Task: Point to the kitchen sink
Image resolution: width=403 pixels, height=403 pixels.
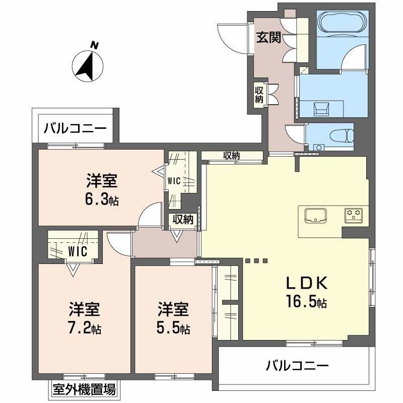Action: coord(315,215)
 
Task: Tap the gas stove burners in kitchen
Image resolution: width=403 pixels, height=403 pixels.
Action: coord(354,215)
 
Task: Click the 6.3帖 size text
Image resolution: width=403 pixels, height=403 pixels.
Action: coord(102,199)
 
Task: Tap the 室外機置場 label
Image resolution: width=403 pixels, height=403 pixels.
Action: coord(84,389)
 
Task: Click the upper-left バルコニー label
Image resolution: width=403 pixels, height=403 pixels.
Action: coord(75,127)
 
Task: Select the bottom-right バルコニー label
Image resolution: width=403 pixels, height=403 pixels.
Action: coord(297,365)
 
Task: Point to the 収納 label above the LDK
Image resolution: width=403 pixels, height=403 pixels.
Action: coord(232,156)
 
